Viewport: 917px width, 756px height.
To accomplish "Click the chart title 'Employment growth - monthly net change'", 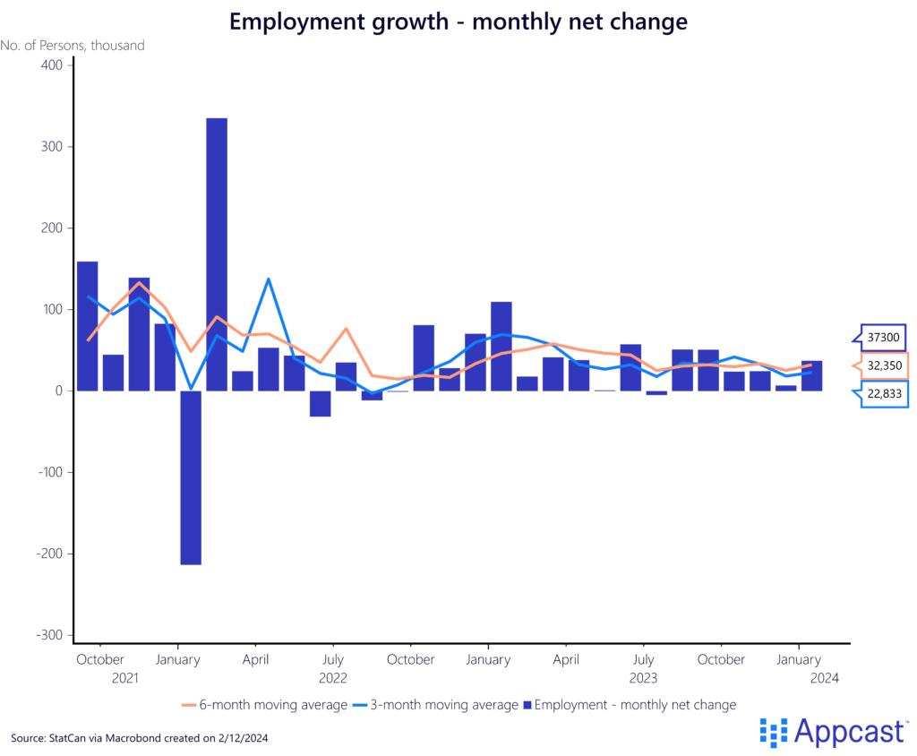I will (458, 21).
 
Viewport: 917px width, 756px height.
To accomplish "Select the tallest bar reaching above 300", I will (217, 254).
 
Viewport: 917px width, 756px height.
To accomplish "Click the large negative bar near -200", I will (190, 477).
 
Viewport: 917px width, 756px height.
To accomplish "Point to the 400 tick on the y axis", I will (51, 65).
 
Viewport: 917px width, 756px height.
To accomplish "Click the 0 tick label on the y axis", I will (58, 391).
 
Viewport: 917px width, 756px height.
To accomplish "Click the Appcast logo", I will (833, 732).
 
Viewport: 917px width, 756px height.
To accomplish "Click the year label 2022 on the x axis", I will (332, 678).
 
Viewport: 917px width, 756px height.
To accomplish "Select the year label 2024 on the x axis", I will (824, 678).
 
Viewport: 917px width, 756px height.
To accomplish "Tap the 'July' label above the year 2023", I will (642, 659).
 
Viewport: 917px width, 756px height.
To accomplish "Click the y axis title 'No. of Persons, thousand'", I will (73, 45).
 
